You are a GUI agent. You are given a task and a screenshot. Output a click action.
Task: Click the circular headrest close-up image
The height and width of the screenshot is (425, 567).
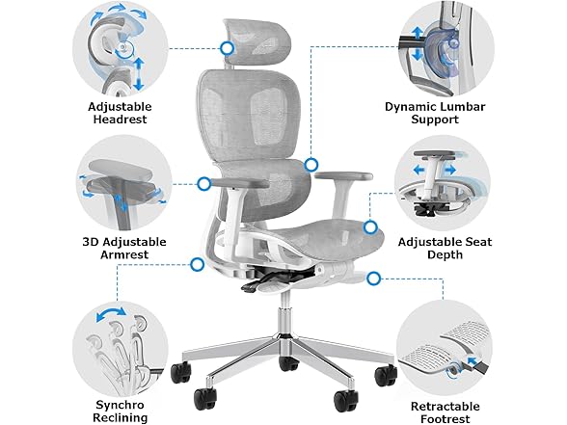pos(121,48)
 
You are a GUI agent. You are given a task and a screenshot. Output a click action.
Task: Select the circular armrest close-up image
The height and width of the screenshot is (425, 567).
pos(121,183)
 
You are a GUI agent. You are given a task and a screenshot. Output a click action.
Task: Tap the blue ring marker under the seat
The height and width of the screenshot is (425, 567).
pos(198,263)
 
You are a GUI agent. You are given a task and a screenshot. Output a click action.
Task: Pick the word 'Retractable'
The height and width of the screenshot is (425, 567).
pos(445,406)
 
